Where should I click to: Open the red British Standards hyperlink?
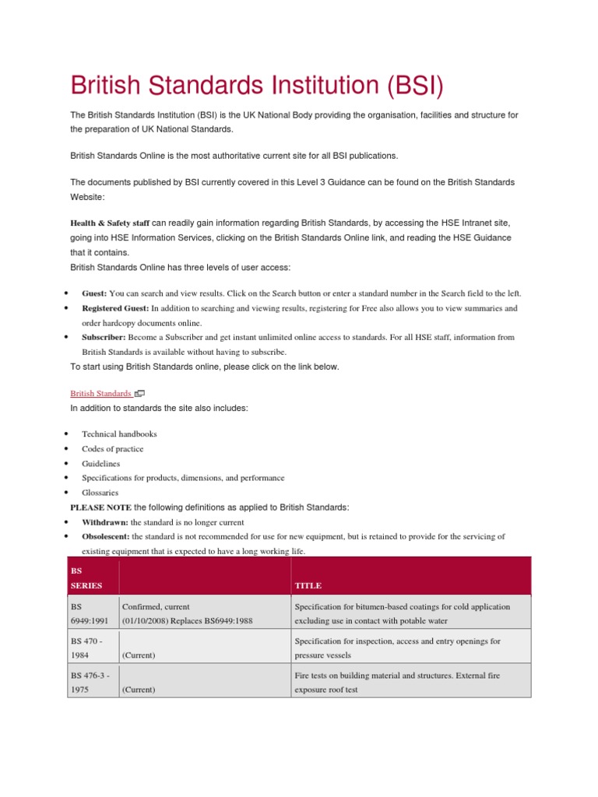100,393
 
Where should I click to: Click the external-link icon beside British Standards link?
140,394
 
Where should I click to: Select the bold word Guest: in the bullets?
94,293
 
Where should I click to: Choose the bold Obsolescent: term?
106,536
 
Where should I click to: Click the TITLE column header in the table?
308,585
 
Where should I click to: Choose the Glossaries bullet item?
100,493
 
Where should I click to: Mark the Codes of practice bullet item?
112,448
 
